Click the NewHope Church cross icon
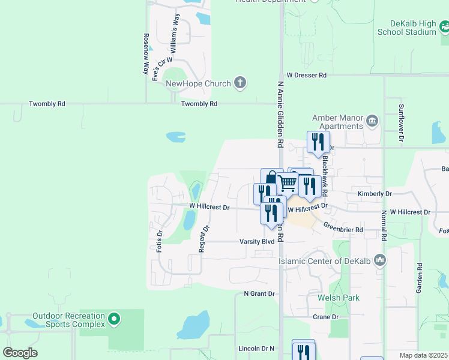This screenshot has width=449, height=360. click(240, 83)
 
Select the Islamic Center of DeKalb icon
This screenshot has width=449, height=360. click(379, 260)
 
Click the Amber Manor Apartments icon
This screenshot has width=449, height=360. click(372, 122)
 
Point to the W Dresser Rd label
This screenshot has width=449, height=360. click(306, 76)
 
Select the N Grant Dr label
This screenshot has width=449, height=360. click(259, 294)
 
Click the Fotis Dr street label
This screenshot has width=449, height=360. click(160, 241)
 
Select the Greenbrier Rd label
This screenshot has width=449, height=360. click(343, 229)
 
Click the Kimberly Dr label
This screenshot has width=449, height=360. click(375, 194)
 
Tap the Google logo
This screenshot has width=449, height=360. click(20, 353)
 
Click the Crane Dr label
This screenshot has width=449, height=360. click(326, 317)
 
